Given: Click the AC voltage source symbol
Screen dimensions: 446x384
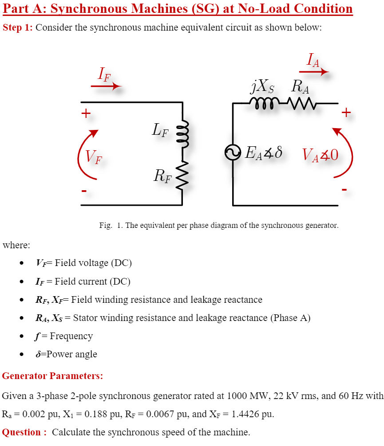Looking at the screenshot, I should point(232,153).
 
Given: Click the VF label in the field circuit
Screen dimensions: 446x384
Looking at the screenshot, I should point(93,156).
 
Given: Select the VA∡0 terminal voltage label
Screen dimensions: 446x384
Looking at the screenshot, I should point(320,155).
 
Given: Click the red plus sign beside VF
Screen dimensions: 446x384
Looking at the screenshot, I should point(85,113).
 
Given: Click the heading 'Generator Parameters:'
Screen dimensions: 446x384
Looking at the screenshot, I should point(52,376).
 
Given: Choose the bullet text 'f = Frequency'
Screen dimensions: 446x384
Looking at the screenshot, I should point(64,336).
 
